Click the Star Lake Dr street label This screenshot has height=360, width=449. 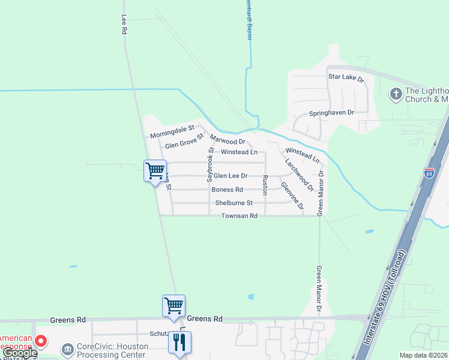tap(346, 77)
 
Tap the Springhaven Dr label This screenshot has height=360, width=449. tap(331, 113)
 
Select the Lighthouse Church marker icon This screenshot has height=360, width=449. tap(396, 94)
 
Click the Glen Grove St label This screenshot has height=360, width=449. tap(184, 142)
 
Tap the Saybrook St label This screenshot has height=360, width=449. tap(210, 164)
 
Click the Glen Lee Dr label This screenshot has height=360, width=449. tap(231, 176)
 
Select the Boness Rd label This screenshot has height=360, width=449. tap(227, 190)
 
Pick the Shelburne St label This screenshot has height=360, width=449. tap(234, 203)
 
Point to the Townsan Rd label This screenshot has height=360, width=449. tap(240, 215)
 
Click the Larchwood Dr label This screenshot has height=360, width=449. tap(300, 174)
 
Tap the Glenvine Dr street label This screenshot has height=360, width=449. tap(292, 197)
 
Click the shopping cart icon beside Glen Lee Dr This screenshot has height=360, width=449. tap(155, 170)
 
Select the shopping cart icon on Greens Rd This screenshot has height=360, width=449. tap(173, 305)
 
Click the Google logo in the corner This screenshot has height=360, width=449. tap(19, 353)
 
